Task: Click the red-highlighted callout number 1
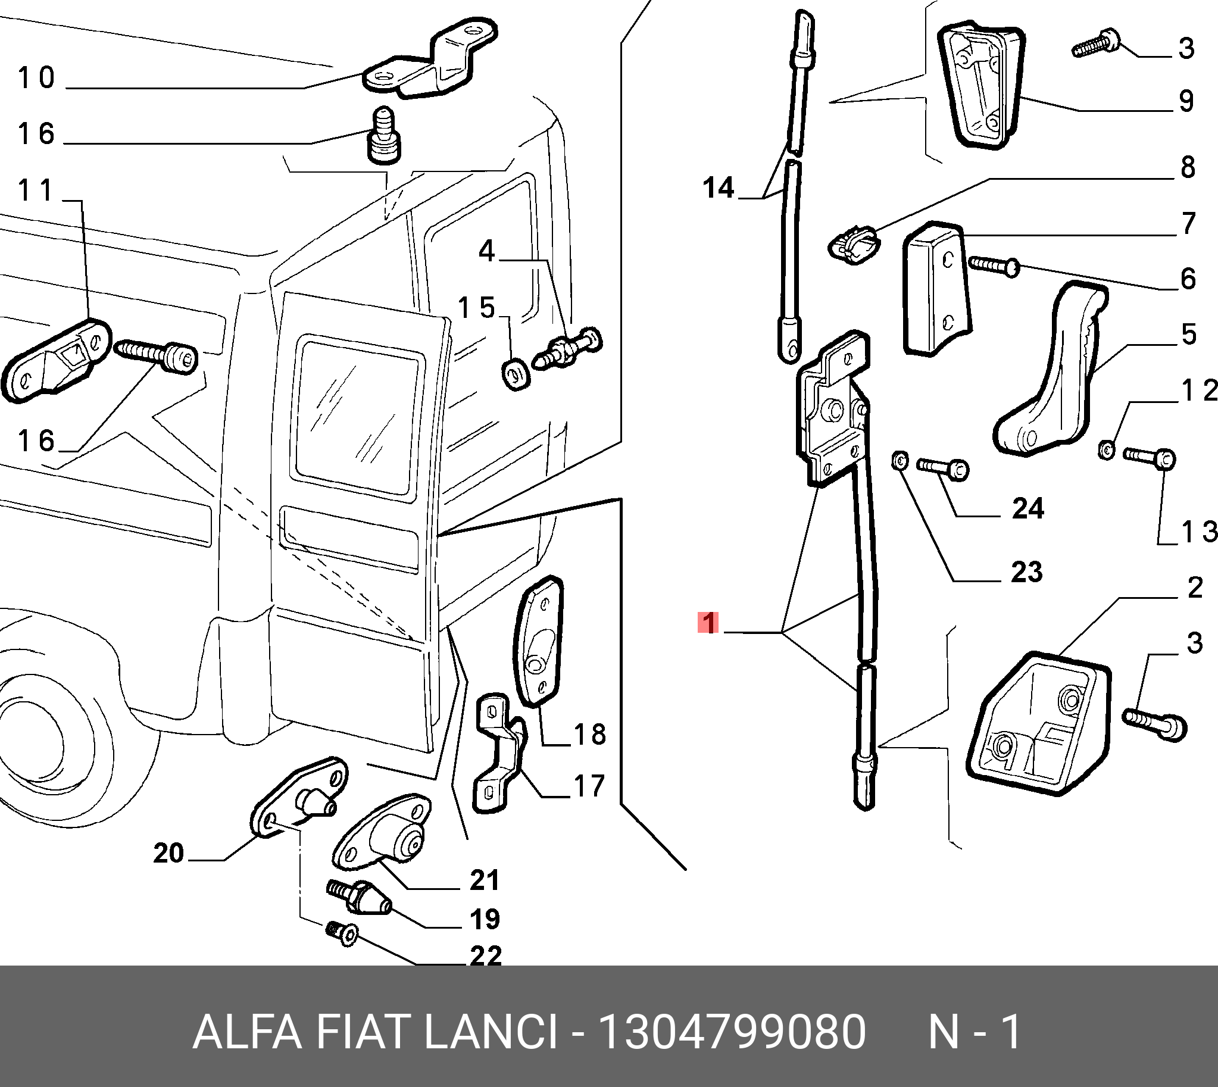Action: [x=708, y=623]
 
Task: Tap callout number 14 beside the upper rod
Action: [x=718, y=188]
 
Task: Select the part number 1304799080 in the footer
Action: [x=731, y=1032]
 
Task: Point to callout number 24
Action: [x=1028, y=509]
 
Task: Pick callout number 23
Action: [x=1026, y=572]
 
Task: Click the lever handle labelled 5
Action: [x=1051, y=382]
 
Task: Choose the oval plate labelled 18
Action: [x=538, y=642]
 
